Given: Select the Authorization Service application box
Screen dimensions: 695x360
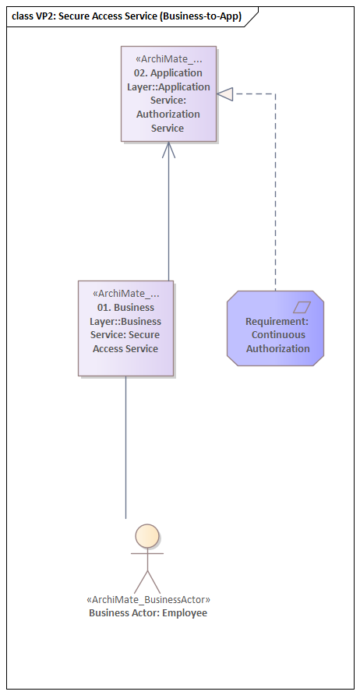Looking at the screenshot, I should coord(168,93).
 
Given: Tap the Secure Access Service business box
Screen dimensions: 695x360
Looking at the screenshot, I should coord(125,328).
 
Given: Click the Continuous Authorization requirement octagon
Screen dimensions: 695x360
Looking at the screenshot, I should coord(275,328).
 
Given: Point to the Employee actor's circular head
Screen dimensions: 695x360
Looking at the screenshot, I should coord(147,535).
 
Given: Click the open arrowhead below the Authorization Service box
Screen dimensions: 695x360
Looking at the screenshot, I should coord(168,149).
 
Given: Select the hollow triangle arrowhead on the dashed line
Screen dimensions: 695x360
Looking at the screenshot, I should coord(225,94).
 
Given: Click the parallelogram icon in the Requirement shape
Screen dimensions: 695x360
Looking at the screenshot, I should coord(302,307).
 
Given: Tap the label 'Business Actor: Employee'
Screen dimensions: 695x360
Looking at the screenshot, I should coord(148,613).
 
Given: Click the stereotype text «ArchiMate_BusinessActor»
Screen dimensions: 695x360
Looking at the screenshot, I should coord(148,600).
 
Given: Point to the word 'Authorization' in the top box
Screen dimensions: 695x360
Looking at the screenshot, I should coord(168,114).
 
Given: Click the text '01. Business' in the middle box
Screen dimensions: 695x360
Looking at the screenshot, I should coord(125,307).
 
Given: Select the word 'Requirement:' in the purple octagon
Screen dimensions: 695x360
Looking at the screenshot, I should coord(277,321).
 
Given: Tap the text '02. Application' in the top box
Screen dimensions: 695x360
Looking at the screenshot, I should coord(168,72).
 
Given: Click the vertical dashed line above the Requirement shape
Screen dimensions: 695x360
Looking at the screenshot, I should coord(275,195).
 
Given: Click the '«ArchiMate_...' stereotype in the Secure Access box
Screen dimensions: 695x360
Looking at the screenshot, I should coord(125,293).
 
